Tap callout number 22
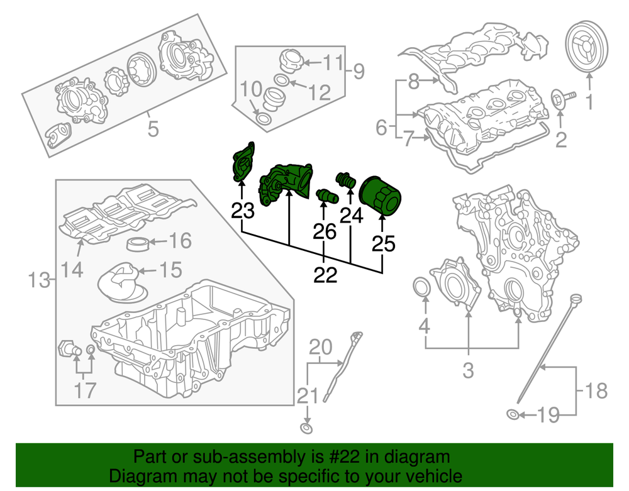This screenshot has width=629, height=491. point(325,275)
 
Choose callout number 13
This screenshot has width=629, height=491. point(40,280)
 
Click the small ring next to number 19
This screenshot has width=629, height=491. point(514,414)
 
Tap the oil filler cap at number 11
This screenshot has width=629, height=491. point(291,60)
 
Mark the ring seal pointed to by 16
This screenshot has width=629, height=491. point(138,243)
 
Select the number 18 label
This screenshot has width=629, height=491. point(596,392)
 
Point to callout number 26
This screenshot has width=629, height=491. point(325,232)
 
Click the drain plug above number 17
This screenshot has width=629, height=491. point(67,347)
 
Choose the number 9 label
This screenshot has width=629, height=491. point(357,72)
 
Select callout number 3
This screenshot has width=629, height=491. point(467,370)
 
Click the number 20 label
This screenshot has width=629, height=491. point(320,346)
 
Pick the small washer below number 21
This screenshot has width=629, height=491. point(306,429)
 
